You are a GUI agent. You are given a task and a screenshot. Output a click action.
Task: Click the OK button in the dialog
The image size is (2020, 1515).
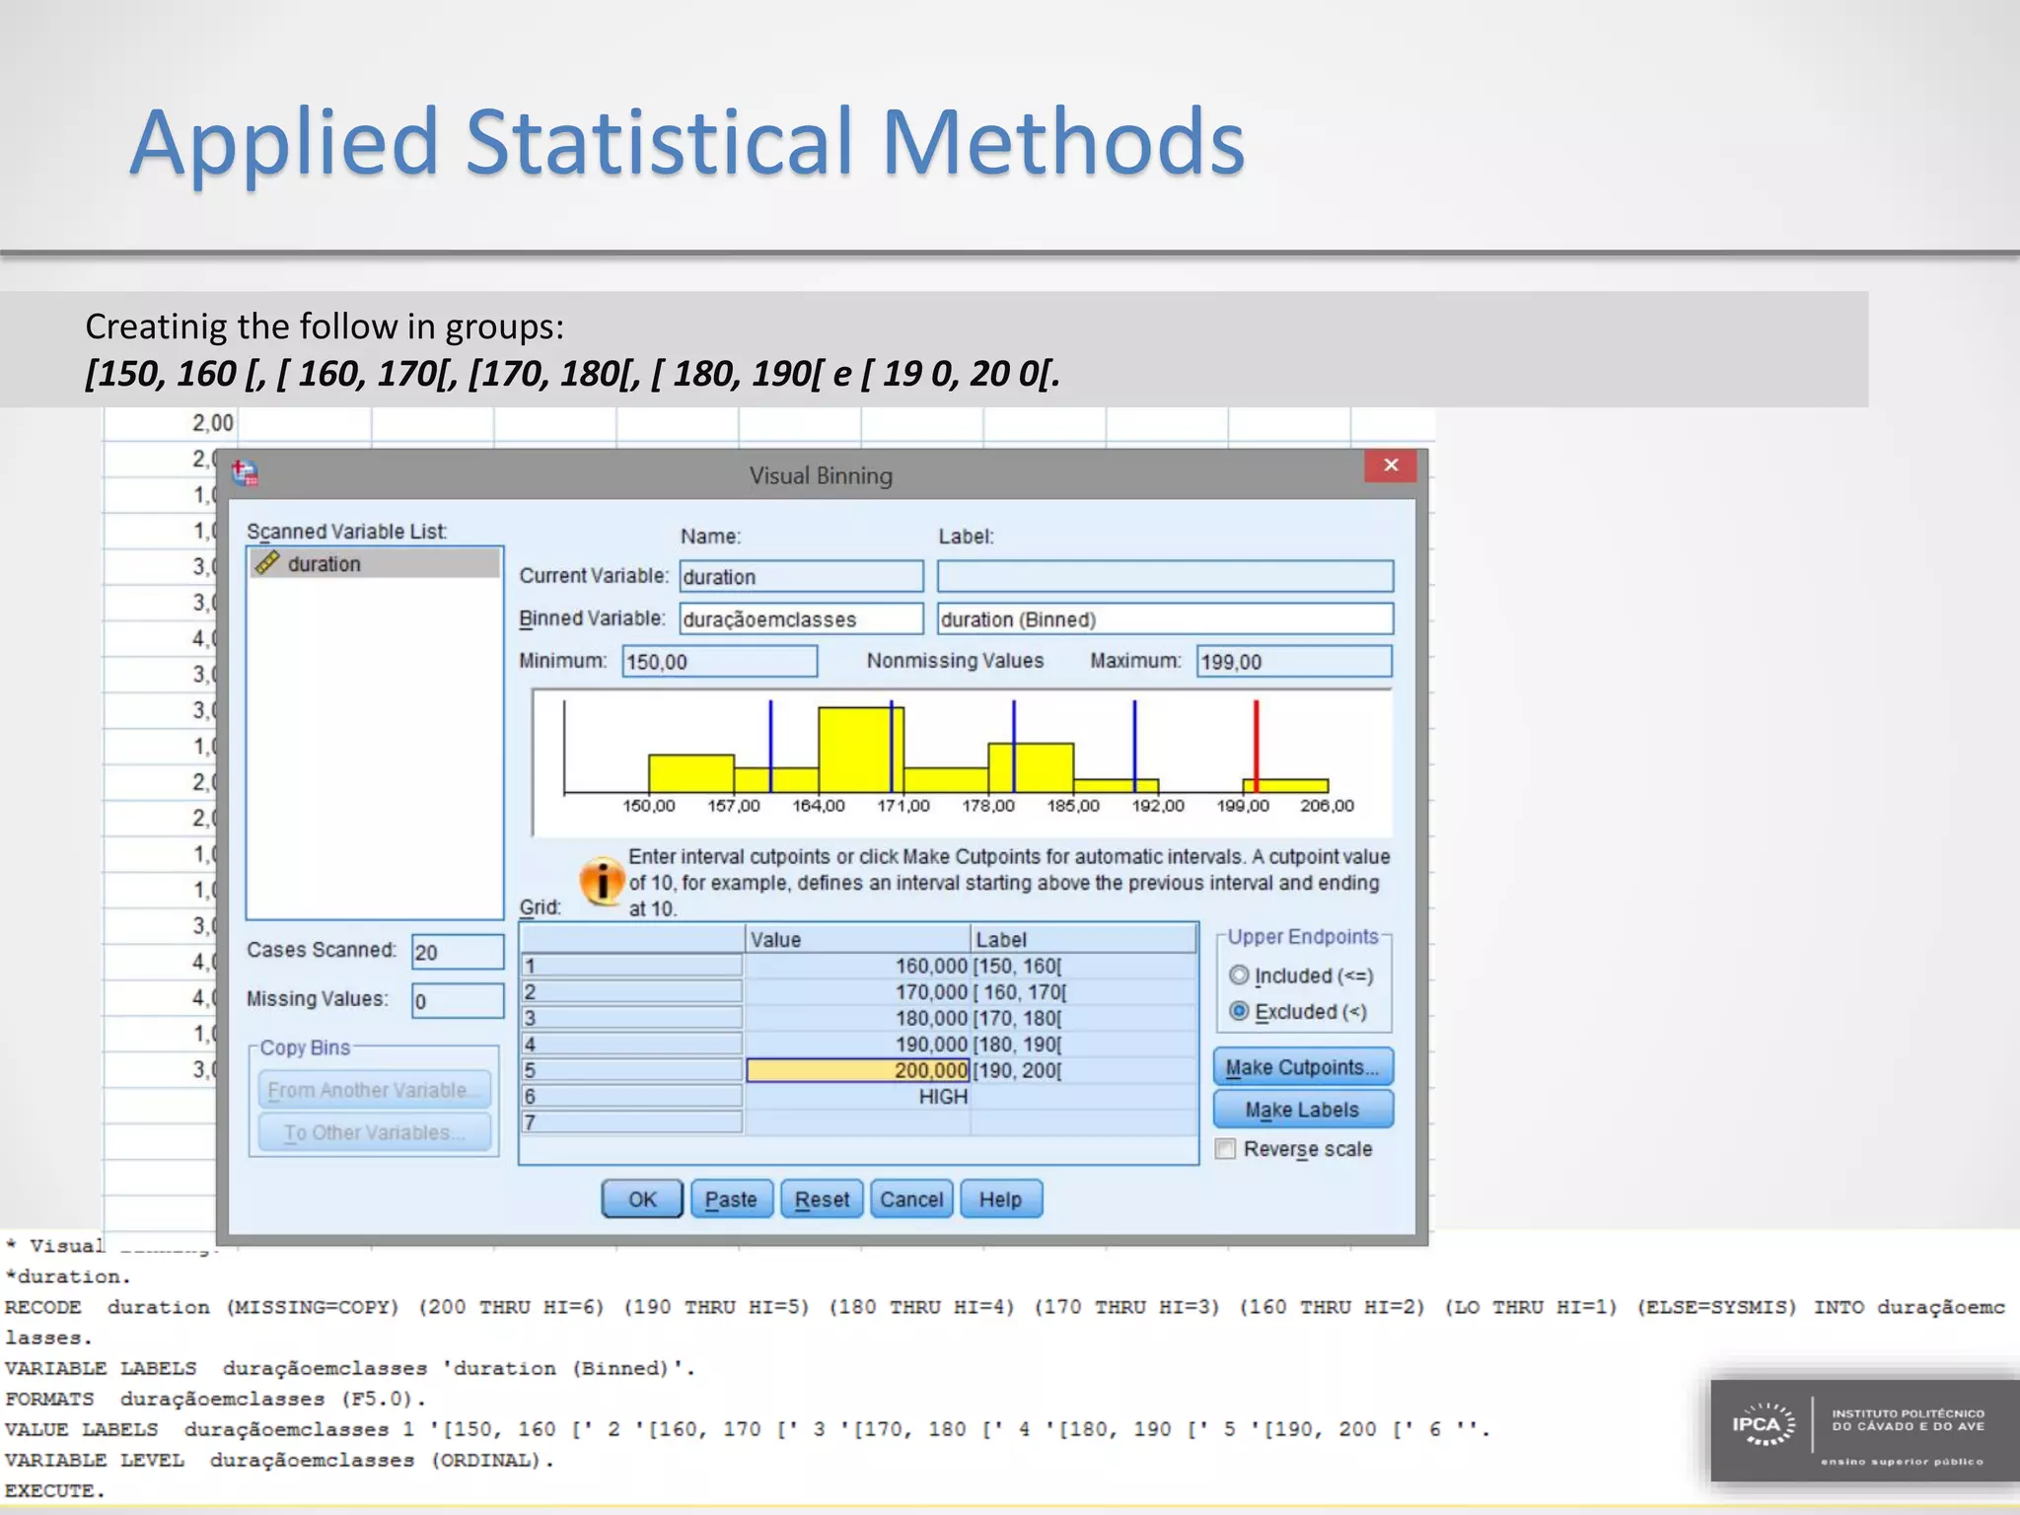(642, 1199)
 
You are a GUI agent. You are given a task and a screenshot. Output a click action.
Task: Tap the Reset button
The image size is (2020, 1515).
(822, 1199)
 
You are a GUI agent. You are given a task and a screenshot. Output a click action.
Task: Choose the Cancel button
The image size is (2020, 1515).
(911, 1199)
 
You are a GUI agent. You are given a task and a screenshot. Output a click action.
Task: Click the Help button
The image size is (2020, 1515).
(1000, 1199)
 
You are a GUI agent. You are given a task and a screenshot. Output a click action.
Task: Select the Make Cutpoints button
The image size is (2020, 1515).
(1302, 1067)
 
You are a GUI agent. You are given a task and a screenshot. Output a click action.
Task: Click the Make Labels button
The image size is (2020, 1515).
(1302, 1110)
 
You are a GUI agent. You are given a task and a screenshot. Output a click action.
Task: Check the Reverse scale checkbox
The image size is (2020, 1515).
(1226, 1149)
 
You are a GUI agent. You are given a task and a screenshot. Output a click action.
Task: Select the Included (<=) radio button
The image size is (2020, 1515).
(1240, 975)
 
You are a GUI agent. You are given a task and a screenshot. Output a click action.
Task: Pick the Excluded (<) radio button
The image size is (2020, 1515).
(1240, 1011)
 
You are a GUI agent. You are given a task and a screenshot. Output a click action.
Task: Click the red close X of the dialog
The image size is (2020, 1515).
(1391, 466)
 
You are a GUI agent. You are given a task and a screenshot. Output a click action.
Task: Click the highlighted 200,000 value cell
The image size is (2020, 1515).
(857, 1070)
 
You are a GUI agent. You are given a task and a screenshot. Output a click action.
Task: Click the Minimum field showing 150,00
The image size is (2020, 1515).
(719, 662)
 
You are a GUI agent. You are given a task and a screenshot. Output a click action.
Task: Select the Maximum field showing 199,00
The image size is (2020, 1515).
(1293, 662)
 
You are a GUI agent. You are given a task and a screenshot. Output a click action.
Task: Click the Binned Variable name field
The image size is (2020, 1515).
(800, 619)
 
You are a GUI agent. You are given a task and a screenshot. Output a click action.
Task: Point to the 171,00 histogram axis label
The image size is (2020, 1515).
(903, 806)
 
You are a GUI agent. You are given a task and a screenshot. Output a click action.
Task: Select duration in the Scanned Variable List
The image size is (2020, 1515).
(325, 564)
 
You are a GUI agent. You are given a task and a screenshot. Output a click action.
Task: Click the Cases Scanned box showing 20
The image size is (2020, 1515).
(457, 953)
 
